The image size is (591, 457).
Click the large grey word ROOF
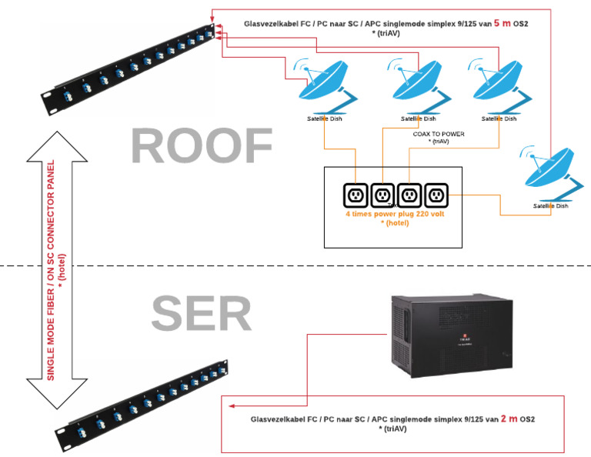(x=202, y=145)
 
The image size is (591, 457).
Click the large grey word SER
(x=201, y=314)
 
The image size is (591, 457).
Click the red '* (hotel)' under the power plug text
(x=393, y=223)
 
